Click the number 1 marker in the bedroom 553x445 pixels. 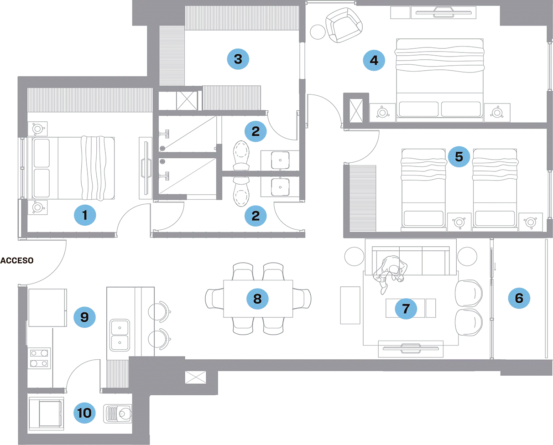click(85, 215)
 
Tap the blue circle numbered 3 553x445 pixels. click(238, 59)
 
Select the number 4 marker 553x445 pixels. click(374, 60)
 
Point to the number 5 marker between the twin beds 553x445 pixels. click(459, 157)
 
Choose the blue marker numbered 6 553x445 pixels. click(519, 298)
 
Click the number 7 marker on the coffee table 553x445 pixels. click(406, 309)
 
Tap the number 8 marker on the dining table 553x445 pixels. click(257, 299)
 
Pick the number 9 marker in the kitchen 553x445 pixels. click(84, 317)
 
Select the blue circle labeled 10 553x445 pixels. click(84, 413)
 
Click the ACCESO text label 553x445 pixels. click(17, 261)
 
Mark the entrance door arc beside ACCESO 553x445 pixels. click(50, 264)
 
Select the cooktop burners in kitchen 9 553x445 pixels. click(41, 358)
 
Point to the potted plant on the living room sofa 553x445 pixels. click(392, 268)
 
